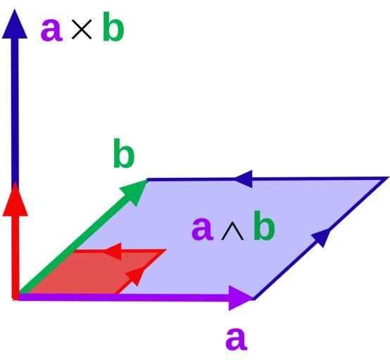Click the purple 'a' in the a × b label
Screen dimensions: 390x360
[x=51, y=30]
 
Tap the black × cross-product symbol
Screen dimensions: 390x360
[x=82, y=30]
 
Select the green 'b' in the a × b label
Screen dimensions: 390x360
[x=113, y=26]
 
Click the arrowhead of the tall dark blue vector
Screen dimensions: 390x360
[x=15, y=24]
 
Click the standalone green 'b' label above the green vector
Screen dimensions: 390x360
[x=124, y=153]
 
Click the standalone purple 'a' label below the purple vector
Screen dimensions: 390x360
[x=237, y=339]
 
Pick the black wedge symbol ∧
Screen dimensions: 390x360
[x=232, y=233]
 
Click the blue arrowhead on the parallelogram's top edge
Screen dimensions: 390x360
[x=244, y=179]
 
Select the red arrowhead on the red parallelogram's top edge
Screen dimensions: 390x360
[x=113, y=251]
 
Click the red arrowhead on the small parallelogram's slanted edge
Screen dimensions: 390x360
[x=135, y=276]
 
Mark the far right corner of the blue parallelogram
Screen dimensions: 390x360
[x=389, y=177]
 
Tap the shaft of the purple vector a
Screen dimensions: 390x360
[x=124, y=297]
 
